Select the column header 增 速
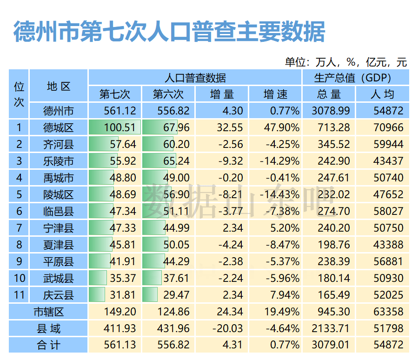click(275, 94)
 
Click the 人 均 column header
click(382, 94)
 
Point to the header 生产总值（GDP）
click(356, 78)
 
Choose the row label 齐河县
click(59, 144)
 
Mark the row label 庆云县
click(59, 295)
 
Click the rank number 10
click(19, 278)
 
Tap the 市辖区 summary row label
click(48, 312)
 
